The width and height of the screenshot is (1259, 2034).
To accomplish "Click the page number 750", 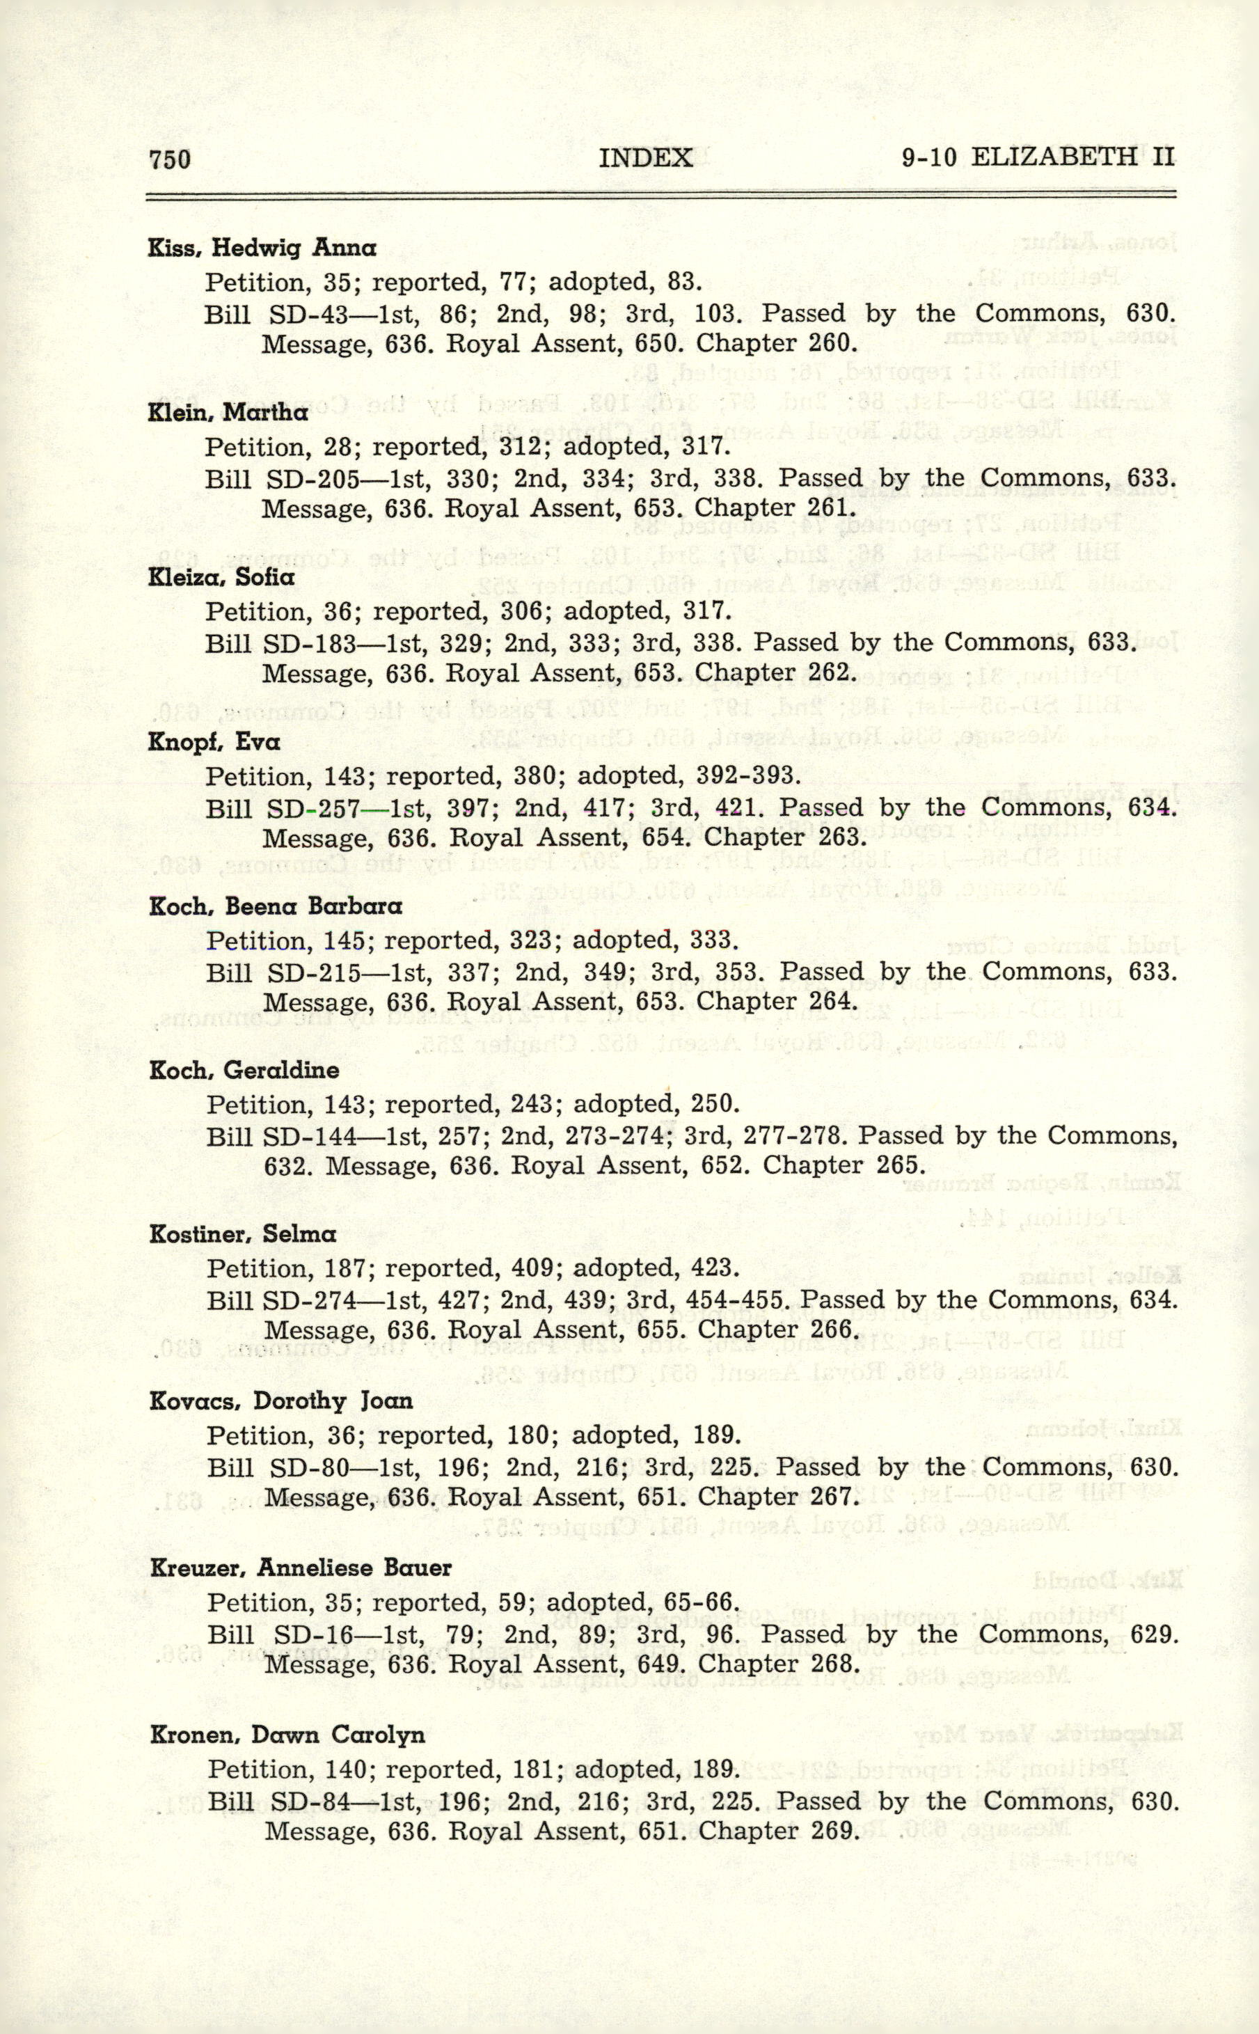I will click(x=169, y=158).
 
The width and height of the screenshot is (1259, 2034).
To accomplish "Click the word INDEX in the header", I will click(x=645, y=157).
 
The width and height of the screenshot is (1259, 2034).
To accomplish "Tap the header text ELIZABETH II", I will click(x=1072, y=157).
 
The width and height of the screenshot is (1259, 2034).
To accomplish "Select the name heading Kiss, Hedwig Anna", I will click(x=262, y=247).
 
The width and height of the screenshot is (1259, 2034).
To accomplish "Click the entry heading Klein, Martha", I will click(x=228, y=412).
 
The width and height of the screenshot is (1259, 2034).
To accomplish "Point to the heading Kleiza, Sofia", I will click(x=221, y=577).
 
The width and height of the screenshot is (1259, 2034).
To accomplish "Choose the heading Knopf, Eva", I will click(x=214, y=742).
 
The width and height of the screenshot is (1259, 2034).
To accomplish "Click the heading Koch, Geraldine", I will click(x=244, y=1070).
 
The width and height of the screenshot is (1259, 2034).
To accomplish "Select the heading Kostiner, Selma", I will click(x=242, y=1234).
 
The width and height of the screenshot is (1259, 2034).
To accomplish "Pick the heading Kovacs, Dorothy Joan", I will click(x=280, y=1401).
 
